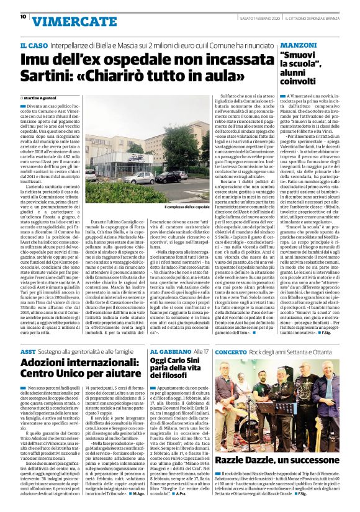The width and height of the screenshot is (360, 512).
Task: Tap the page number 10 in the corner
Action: [13, 17]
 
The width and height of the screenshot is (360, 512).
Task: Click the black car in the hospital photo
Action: [169, 177]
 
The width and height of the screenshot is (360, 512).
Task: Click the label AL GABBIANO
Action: [167, 351]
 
